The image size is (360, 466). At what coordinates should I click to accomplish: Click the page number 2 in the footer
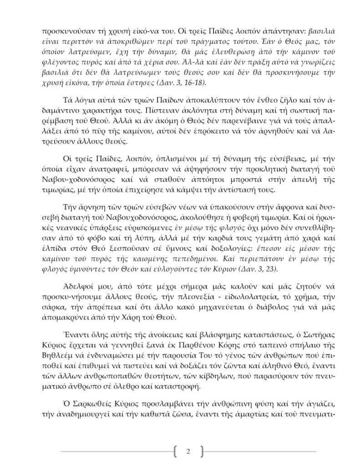pos(188,451)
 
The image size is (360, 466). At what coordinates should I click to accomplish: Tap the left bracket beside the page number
pos(176,451)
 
